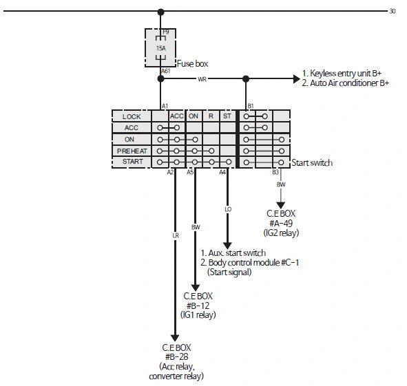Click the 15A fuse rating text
tap(161, 48)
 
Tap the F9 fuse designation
tap(165, 32)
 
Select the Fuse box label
tap(192, 63)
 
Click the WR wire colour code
tap(202, 79)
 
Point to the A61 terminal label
tap(165, 71)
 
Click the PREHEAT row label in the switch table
tap(132, 151)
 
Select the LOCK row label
tap(132, 117)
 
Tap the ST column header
tap(227, 116)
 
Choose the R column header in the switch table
tap(211, 116)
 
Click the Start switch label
tap(312, 162)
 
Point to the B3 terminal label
tap(275, 172)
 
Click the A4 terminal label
tap(222, 172)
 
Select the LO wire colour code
tap(228, 209)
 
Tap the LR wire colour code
tap(176, 235)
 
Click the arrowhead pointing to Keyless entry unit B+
tap(296, 79)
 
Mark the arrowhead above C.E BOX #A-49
tap(280, 205)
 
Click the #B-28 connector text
tap(176, 356)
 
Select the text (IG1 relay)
tap(198, 314)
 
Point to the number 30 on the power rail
tap(393, 11)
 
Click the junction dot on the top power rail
tap(161, 12)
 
